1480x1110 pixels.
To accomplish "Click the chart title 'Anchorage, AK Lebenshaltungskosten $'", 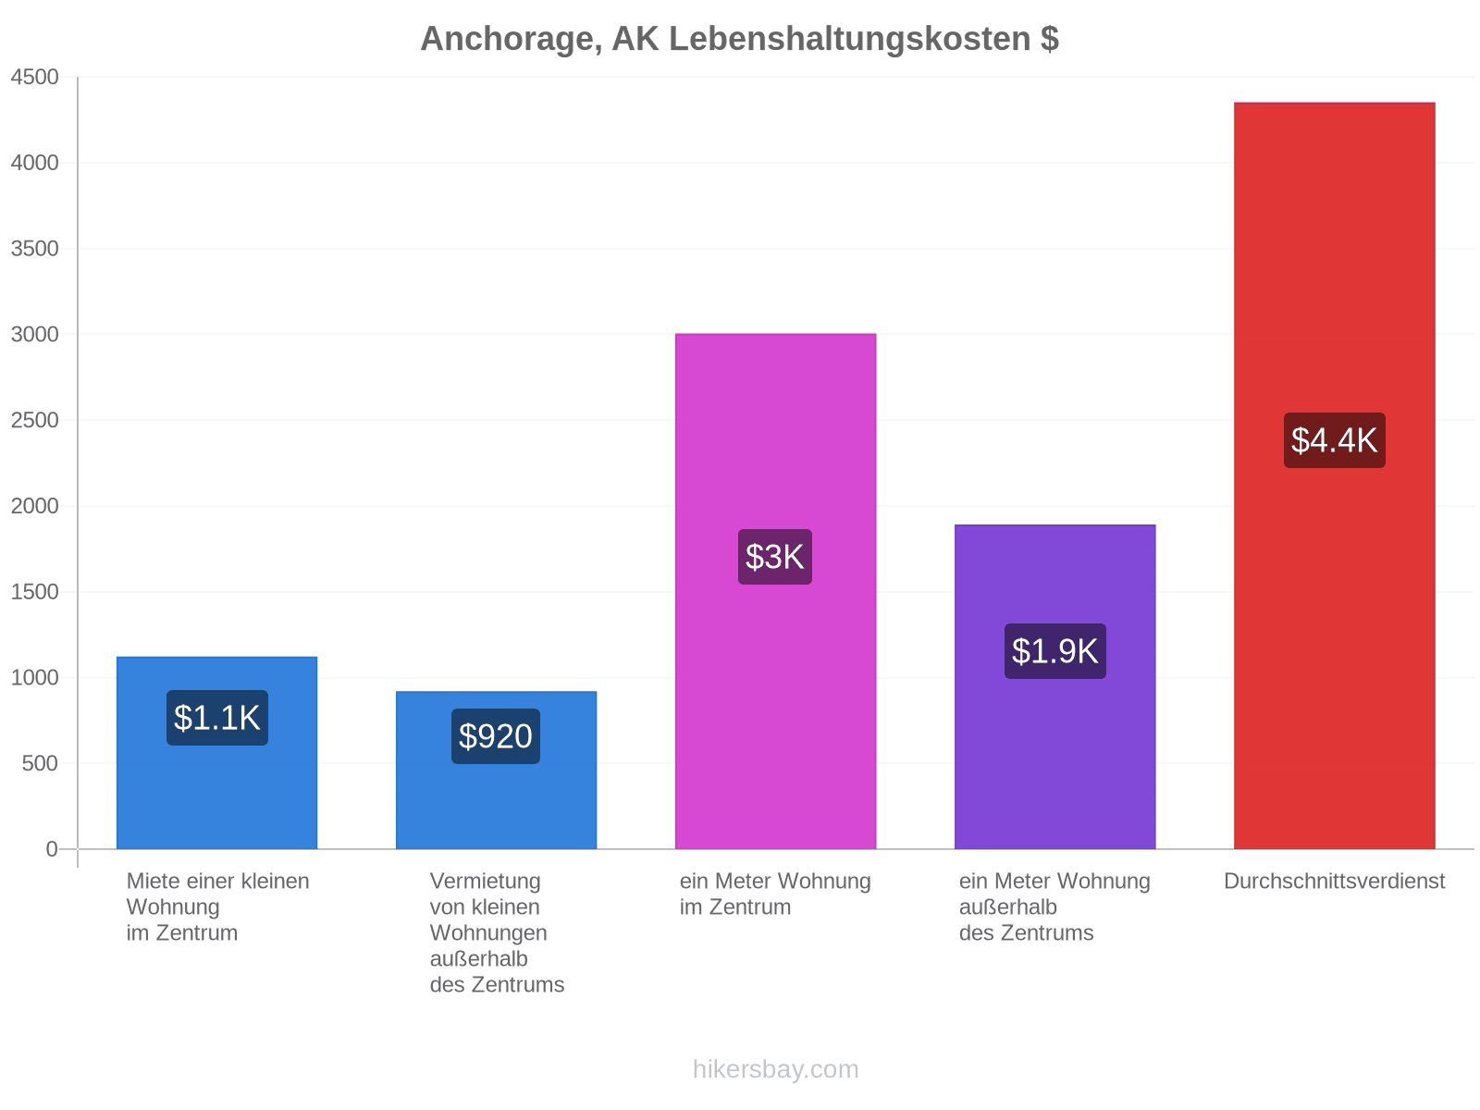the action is (x=740, y=39).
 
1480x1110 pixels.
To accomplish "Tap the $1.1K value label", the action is (x=217, y=718).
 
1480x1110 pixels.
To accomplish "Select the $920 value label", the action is (x=496, y=736).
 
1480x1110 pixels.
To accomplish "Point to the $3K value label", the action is (x=775, y=557).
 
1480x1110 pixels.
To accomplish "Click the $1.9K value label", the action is (x=1055, y=651).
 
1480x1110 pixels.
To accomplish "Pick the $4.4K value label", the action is (x=1335, y=440).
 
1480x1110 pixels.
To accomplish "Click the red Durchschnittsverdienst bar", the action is (x=1335, y=475).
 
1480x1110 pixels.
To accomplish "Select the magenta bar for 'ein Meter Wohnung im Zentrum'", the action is (x=775, y=591).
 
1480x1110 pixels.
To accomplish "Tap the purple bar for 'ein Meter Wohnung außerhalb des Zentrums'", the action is (x=1055, y=686).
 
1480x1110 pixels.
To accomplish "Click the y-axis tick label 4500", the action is (x=34, y=77).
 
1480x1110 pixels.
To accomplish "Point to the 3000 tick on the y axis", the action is (x=34, y=334).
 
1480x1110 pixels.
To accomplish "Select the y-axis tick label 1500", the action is (x=34, y=592).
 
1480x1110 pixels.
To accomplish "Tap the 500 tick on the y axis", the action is (x=40, y=764).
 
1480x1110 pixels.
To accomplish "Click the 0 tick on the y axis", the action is (x=52, y=849).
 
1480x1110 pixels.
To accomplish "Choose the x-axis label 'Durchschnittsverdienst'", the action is (x=1335, y=882).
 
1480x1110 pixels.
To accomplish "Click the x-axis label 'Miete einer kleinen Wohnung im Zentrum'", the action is (x=217, y=907).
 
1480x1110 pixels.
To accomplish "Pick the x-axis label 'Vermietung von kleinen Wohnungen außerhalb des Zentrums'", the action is (x=497, y=933).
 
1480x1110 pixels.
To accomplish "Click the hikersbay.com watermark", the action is (x=775, y=1069).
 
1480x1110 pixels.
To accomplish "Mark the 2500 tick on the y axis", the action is (x=34, y=420).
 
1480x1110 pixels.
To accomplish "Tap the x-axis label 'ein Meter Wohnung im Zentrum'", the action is (x=775, y=894).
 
